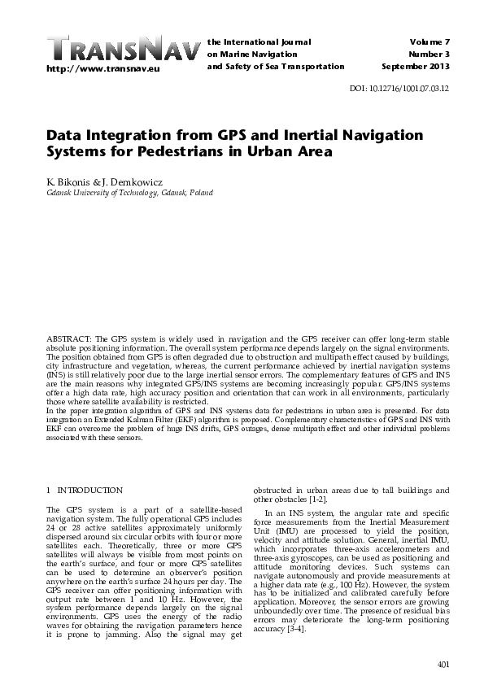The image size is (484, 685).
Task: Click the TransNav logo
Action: (x=123, y=49)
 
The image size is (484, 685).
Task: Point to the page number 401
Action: (x=443, y=665)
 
